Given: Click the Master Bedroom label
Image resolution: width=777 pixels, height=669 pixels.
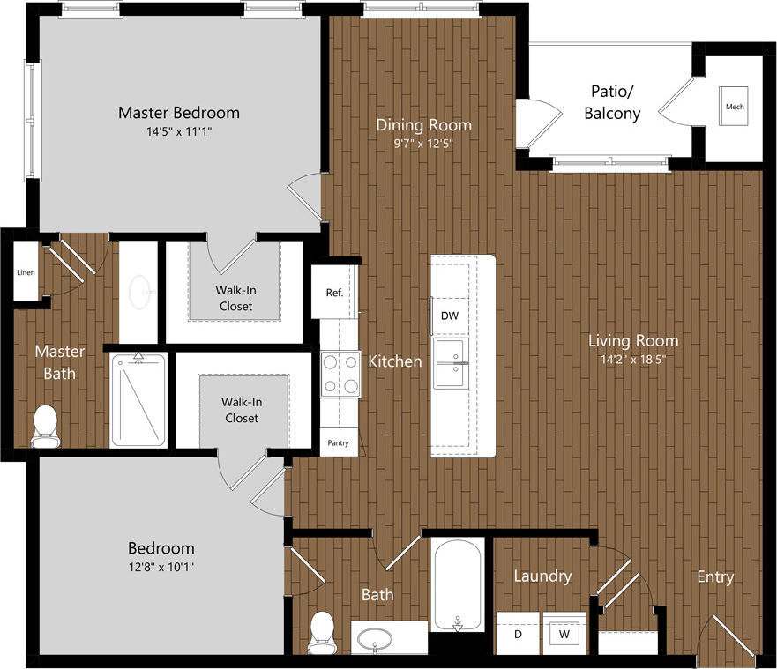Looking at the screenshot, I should coord(179,113).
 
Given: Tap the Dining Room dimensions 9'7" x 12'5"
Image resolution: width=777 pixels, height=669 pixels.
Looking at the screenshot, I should coord(424,144).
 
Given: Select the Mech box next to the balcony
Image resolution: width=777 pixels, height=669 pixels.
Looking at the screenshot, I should coord(735,107).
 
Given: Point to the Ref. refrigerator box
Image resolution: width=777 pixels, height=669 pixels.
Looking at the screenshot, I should coord(334,293).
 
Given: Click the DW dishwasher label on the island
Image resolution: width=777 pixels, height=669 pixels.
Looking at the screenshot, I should coord(449,316).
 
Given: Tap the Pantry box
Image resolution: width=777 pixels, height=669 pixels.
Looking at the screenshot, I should coord(338,442).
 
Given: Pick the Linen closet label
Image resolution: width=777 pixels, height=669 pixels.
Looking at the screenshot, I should coord(26,272).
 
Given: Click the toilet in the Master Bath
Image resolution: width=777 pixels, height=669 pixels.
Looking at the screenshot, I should coord(43,426).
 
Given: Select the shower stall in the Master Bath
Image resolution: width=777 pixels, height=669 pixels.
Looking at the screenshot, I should coord(138,399).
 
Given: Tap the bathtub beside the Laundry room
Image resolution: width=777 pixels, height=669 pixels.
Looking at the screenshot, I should coord(458,584).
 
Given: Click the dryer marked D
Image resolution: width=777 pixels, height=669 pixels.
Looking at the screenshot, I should coord(517,633).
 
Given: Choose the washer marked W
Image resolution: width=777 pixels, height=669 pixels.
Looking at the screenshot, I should coord(564,633).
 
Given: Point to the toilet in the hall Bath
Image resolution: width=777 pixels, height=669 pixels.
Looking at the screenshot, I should coord(323,632).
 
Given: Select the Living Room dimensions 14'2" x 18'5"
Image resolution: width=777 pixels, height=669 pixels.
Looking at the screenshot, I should coord(634,359).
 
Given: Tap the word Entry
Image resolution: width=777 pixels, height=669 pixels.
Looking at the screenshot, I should coord(714,576).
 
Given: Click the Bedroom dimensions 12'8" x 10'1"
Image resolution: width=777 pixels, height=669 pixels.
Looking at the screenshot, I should coord(161,567).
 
